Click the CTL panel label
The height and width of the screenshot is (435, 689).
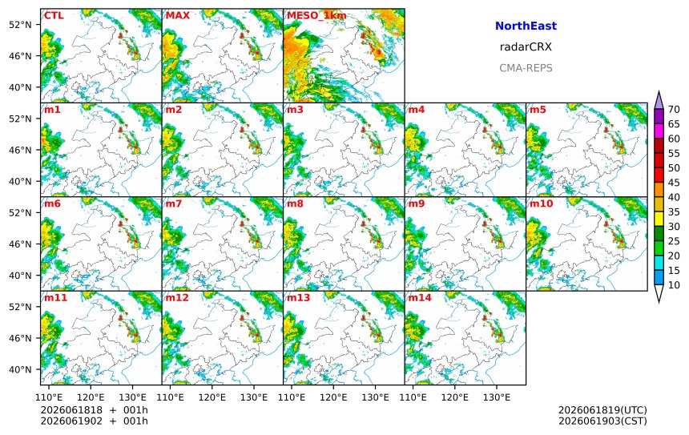[54, 15]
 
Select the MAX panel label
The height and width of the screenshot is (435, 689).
[178, 15]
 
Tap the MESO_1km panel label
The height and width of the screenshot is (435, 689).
[316, 16]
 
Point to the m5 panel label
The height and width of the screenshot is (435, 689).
[538, 110]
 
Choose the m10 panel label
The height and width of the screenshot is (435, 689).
[541, 203]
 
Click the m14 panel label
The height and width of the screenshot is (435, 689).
[420, 297]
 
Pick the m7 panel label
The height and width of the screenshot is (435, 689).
[174, 203]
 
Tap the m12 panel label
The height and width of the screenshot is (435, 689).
[177, 297]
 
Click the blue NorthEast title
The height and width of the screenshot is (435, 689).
[526, 26]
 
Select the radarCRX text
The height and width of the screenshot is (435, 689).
[526, 47]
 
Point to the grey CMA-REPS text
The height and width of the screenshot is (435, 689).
[526, 68]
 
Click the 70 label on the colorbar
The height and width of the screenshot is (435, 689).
[674, 110]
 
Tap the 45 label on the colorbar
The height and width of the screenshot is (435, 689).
[674, 183]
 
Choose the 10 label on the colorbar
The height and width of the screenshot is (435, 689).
[674, 285]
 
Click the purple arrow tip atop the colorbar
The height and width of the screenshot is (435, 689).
[659, 92]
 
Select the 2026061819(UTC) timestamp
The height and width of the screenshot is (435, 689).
[602, 410]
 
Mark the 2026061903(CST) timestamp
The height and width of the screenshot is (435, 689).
[602, 421]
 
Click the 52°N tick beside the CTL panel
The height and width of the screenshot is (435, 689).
[20, 25]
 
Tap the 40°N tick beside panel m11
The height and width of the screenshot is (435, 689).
[20, 369]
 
